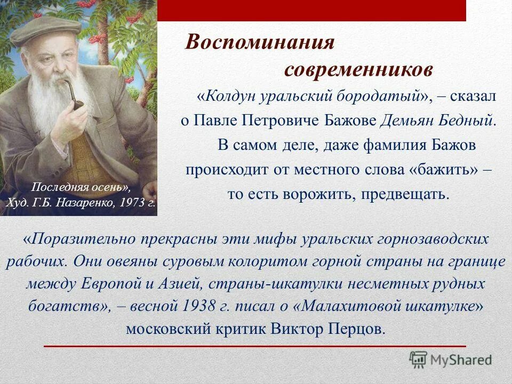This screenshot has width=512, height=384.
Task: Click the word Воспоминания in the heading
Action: coord(259,43)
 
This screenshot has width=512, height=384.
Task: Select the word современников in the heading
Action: coord(358,69)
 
